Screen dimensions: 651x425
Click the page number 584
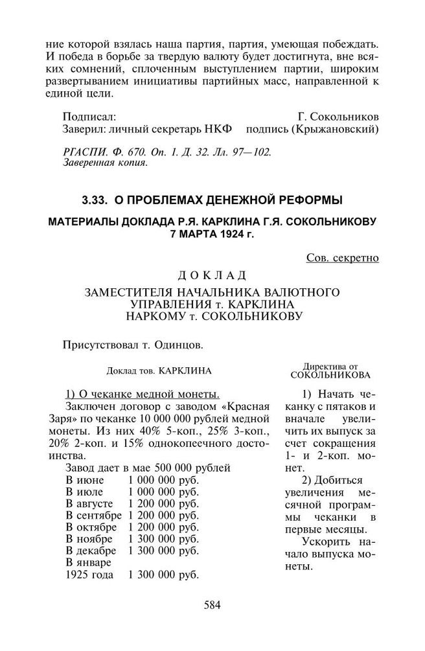[212, 606]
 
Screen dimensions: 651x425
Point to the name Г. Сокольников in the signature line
[338, 117]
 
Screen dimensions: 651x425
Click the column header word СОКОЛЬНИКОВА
[330, 374]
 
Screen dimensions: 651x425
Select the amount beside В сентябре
[164, 516]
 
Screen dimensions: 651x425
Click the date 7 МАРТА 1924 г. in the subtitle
[212, 233]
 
